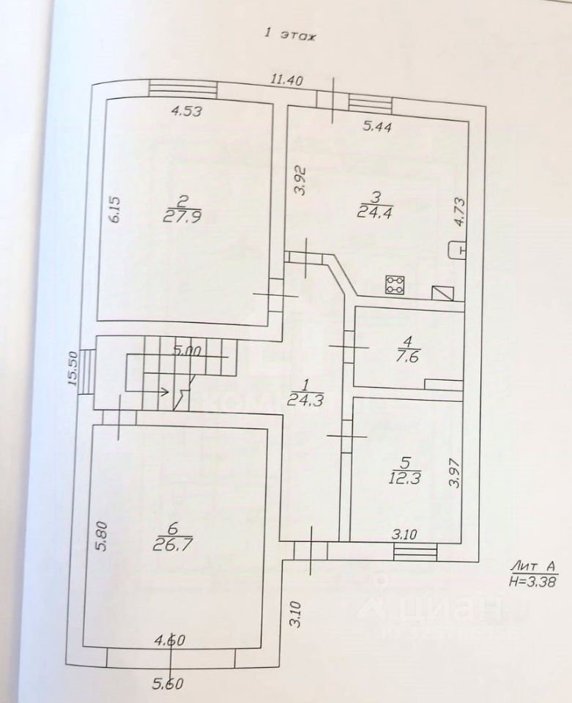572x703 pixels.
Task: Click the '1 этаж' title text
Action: click(289, 34)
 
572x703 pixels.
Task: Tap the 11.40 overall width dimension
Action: click(287, 81)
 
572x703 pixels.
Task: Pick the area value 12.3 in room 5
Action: click(404, 478)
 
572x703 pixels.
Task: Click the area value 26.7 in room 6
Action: click(171, 543)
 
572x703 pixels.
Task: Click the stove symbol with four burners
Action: click(395, 285)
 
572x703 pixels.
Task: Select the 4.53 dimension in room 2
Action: click(186, 112)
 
